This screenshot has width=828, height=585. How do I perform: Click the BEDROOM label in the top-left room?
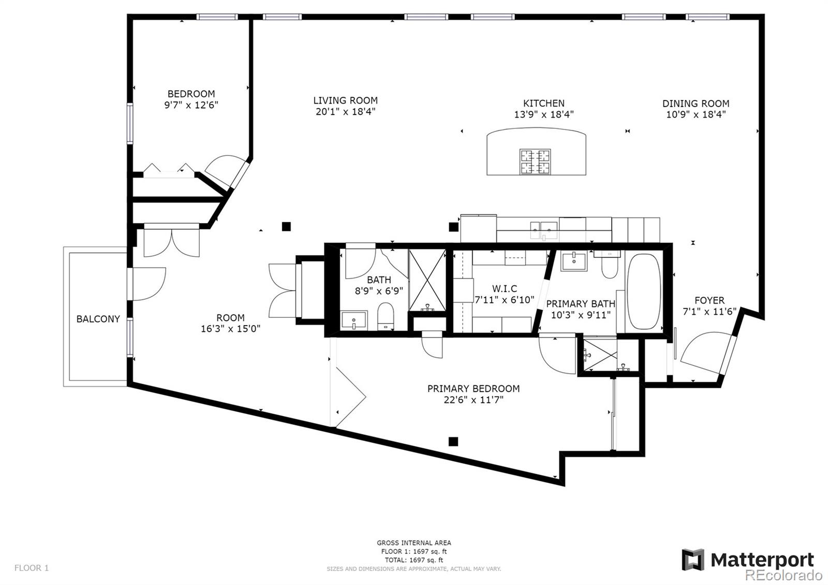click(191, 94)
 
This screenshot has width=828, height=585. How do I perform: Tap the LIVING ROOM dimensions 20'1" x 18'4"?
click(345, 112)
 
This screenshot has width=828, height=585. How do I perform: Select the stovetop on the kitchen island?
click(535, 162)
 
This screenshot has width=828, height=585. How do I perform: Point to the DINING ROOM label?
click(696, 104)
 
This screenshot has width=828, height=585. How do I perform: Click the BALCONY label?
click(98, 319)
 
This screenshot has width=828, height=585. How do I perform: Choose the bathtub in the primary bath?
click(644, 291)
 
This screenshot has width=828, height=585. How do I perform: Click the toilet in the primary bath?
click(609, 265)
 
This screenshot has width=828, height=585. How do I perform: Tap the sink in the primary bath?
click(574, 261)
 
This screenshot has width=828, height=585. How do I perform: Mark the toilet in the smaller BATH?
click(386, 316)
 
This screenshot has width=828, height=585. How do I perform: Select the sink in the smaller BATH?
click(354, 320)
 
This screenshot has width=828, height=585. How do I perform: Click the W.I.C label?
click(504, 289)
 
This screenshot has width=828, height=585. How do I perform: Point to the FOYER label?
click(709, 300)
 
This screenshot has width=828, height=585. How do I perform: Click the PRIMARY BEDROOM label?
click(474, 389)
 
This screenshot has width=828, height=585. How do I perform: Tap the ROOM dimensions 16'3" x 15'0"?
click(230, 329)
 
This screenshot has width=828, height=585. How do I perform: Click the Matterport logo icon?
click(693, 560)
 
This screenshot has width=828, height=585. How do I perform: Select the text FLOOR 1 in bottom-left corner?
click(32, 567)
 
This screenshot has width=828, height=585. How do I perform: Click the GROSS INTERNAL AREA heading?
click(414, 543)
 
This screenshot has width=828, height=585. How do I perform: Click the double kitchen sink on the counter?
click(544, 230)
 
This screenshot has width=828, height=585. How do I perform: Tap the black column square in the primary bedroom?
click(453, 442)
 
